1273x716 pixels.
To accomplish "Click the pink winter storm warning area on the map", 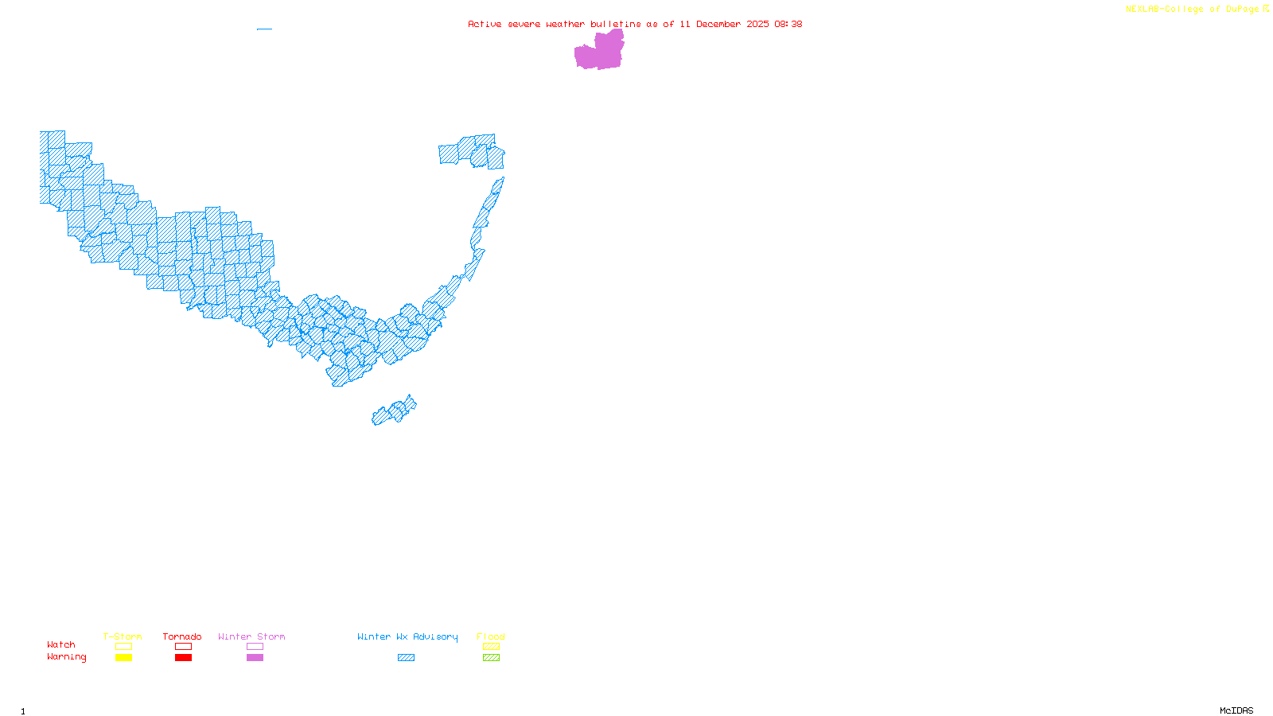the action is [x=599, y=53].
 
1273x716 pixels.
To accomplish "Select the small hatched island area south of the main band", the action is [x=393, y=412].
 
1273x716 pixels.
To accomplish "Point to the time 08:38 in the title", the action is [x=788, y=24].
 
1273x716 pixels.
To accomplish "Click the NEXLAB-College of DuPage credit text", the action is [x=1192, y=10].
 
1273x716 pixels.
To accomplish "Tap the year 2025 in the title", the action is [x=757, y=24].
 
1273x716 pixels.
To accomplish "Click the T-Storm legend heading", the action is [x=123, y=636].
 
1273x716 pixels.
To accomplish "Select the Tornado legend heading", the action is [x=182, y=636].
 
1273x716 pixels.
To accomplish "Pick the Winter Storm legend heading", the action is [x=251, y=636].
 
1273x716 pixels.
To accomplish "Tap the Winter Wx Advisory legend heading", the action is [x=407, y=636].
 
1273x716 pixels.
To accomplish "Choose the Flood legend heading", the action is [x=491, y=636].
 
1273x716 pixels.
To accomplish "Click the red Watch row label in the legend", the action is [x=61, y=644].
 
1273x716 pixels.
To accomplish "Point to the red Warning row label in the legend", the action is [x=66, y=657].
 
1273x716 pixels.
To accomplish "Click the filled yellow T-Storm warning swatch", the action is [x=123, y=658].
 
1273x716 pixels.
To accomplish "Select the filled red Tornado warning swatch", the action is [x=184, y=658].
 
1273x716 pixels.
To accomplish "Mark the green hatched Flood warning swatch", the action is [x=492, y=658].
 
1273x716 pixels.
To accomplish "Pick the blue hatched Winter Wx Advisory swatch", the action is [x=406, y=658].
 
